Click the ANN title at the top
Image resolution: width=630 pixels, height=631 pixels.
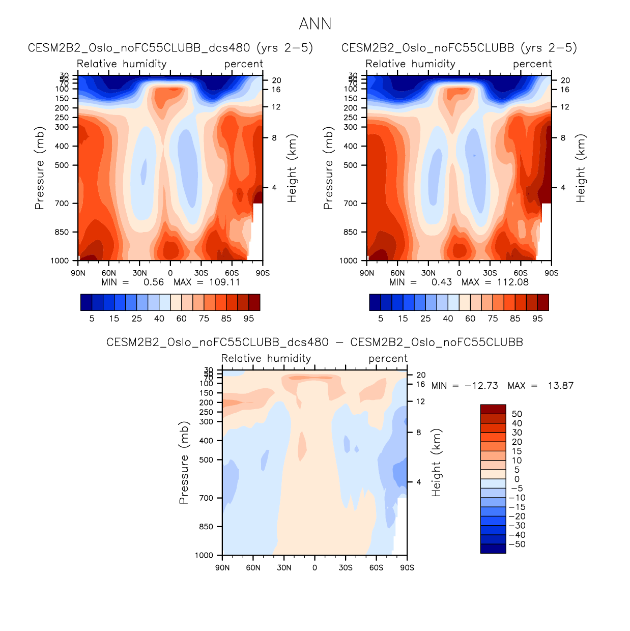coord(315,24)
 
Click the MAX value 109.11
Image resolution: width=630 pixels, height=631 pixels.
coord(224,282)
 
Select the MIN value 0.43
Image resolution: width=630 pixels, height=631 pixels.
coord(441,282)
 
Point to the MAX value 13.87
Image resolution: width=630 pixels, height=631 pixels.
coord(560,386)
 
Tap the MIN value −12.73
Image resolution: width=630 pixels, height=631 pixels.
coord(481,386)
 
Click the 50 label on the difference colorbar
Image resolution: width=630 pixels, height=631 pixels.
coord(517,414)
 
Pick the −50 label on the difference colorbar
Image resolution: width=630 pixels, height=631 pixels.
coord(517,544)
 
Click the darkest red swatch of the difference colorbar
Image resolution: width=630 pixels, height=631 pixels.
coord(493,409)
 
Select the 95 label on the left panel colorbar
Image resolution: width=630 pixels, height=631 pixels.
coord(249,319)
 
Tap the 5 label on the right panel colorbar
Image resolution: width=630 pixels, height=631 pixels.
coord(381,319)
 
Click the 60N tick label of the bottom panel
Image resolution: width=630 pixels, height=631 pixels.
coord(253,567)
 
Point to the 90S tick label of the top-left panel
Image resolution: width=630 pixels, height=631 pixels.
coord(263,273)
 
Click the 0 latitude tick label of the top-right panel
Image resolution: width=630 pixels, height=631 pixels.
coord(459,273)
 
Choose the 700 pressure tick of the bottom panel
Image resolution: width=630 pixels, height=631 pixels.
coord(206,498)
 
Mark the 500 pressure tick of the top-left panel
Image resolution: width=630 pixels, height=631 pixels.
coord(62,165)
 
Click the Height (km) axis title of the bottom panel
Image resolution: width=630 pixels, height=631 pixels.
coord(437,463)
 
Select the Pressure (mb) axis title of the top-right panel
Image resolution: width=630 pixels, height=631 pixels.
coord(328,168)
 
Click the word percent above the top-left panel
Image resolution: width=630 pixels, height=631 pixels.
coord(244,64)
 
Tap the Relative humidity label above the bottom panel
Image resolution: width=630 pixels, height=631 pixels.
coord(266,359)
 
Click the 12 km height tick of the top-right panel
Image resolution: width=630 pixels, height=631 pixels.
coord(565,107)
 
